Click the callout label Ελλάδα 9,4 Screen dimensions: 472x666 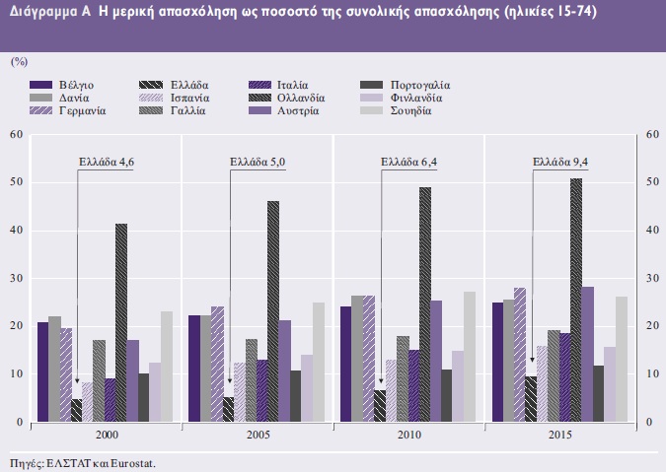[x=559, y=164]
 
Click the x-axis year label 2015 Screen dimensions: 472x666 [x=558, y=435]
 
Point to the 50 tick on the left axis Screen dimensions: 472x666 [x=17, y=182]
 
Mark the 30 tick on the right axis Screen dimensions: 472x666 [x=650, y=279]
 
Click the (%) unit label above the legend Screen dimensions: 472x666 [x=19, y=61]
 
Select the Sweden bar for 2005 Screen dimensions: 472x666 [x=319, y=362]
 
